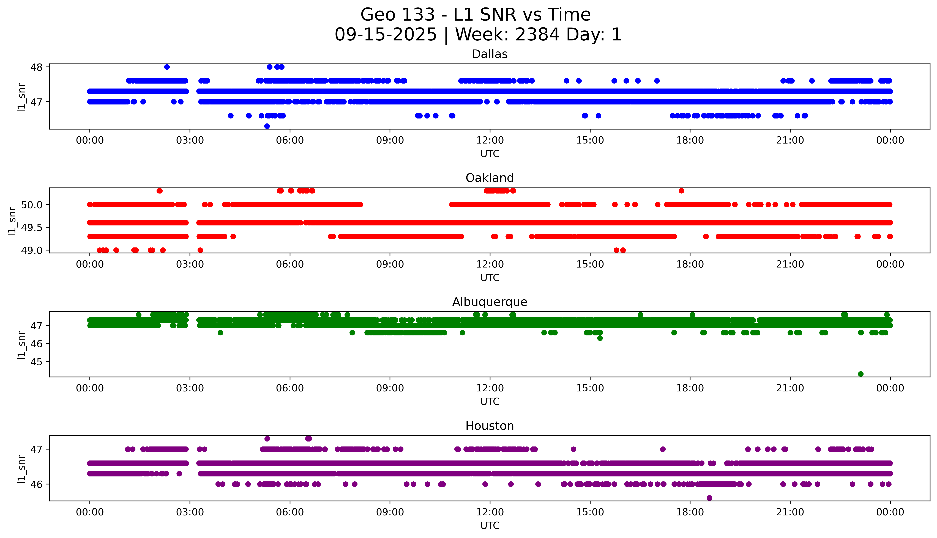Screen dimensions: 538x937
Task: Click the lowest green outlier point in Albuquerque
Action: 860,374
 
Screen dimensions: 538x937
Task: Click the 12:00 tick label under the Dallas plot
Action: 490,140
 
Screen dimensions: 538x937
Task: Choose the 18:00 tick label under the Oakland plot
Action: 690,265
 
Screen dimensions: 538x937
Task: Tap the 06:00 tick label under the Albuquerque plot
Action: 290,388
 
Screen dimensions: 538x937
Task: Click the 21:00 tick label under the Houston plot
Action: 790,512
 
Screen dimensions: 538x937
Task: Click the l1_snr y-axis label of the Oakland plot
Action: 12,221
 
